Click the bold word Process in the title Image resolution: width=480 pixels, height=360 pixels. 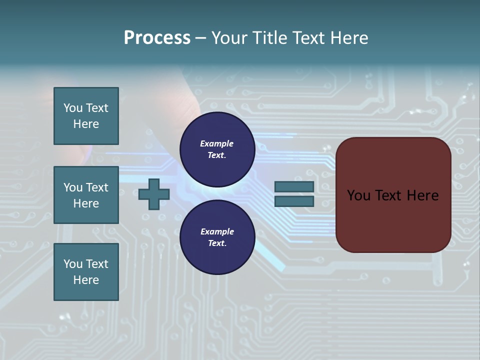click(x=157, y=38)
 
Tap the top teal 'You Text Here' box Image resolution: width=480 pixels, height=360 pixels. click(x=86, y=116)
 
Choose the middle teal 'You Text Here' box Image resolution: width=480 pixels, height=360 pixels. click(x=86, y=195)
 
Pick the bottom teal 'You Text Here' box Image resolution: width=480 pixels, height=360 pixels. click(x=86, y=272)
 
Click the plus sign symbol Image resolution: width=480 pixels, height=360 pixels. click(x=154, y=194)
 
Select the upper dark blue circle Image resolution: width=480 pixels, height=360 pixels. click(x=217, y=149)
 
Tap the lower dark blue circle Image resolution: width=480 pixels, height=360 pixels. click(x=217, y=237)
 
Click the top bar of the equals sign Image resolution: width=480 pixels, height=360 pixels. click(x=294, y=187)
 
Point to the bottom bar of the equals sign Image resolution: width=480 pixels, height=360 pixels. click(x=294, y=201)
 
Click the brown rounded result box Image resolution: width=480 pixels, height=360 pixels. click(x=393, y=195)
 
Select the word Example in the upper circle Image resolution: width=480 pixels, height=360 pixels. click(x=217, y=143)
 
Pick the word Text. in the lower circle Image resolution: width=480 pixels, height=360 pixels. click(x=217, y=243)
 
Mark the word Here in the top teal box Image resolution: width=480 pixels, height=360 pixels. click(x=86, y=124)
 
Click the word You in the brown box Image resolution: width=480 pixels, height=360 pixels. click(x=358, y=195)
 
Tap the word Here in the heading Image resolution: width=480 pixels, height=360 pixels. click(x=350, y=38)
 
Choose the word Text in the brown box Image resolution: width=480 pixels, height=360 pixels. click(x=389, y=195)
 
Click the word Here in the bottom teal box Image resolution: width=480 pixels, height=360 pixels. click(x=86, y=280)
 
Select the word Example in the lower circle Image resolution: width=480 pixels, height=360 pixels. click(x=217, y=231)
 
